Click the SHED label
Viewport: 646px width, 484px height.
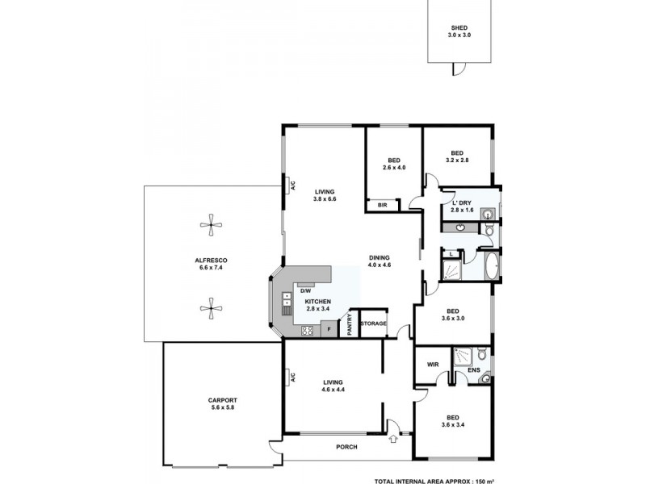pos(459,27)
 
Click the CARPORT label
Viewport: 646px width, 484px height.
pos(221,400)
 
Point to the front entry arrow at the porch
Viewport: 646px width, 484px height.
pos(393,440)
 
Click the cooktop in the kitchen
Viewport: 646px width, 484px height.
pos(308,330)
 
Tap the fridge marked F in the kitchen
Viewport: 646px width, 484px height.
pos(329,329)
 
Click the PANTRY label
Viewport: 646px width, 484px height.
pos(350,323)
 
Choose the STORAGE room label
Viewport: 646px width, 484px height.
pos(373,323)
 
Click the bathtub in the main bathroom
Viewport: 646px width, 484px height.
pos(492,265)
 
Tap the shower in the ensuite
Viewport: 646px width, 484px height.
pos(464,354)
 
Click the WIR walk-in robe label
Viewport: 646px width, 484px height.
pos(432,364)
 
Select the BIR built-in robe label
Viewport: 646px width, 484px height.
pos(383,206)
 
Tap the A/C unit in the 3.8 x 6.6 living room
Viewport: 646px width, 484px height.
pos(286,186)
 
